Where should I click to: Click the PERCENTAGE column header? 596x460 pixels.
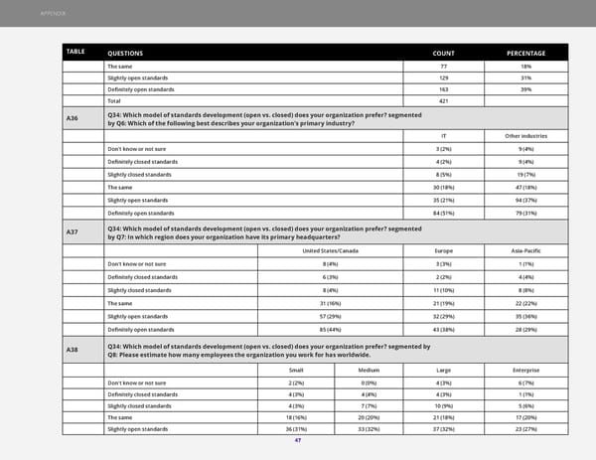point(526,52)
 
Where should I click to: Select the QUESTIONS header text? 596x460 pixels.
point(125,52)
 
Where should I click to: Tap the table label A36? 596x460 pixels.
point(72,120)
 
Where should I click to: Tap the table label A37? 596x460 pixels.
point(72,232)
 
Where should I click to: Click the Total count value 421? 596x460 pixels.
point(444,101)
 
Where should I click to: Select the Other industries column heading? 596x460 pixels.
point(525,135)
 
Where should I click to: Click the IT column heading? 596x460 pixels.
point(443,135)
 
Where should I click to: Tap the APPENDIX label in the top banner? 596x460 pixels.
point(53,13)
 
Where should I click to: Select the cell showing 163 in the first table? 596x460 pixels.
point(444,89)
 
